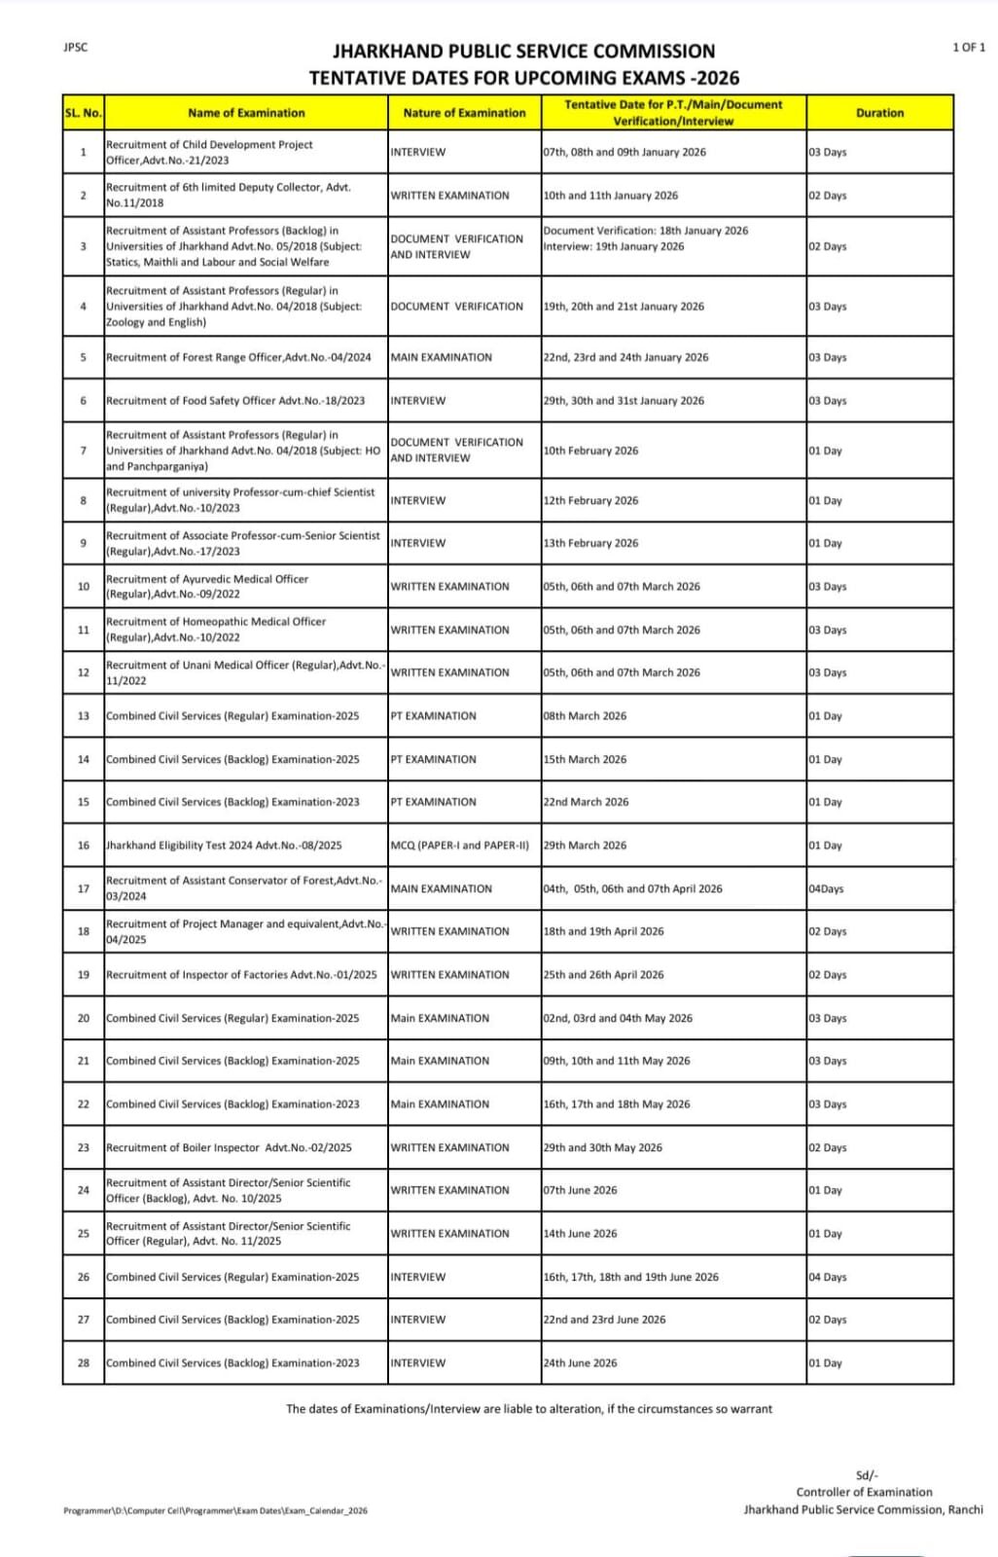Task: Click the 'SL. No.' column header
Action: coord(83,113)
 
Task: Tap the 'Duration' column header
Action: coord(879,113)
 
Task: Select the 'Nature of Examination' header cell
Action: coord(464,113)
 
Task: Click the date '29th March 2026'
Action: coord(585,845)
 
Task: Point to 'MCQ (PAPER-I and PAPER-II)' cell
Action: coord(459,845)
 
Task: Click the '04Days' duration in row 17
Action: coord(826,888)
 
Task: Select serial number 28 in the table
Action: coord(84,1362)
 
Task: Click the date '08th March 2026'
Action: coord(585,715)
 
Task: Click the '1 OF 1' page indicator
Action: coord(968,47)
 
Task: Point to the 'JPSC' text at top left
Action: coord(75,47)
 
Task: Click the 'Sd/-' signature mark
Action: coord(866,1475)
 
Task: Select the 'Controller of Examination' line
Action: coord(864,1492)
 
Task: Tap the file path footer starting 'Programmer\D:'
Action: coord(215,1510)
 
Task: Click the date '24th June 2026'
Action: coord(580,1362)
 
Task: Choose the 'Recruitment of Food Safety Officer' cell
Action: coord(235,400)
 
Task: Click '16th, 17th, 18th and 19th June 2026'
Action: coord(630,1277)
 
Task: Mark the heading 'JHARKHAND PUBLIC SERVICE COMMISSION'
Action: coord(523,52)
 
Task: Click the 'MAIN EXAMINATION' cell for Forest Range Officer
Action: coord(441,357)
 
